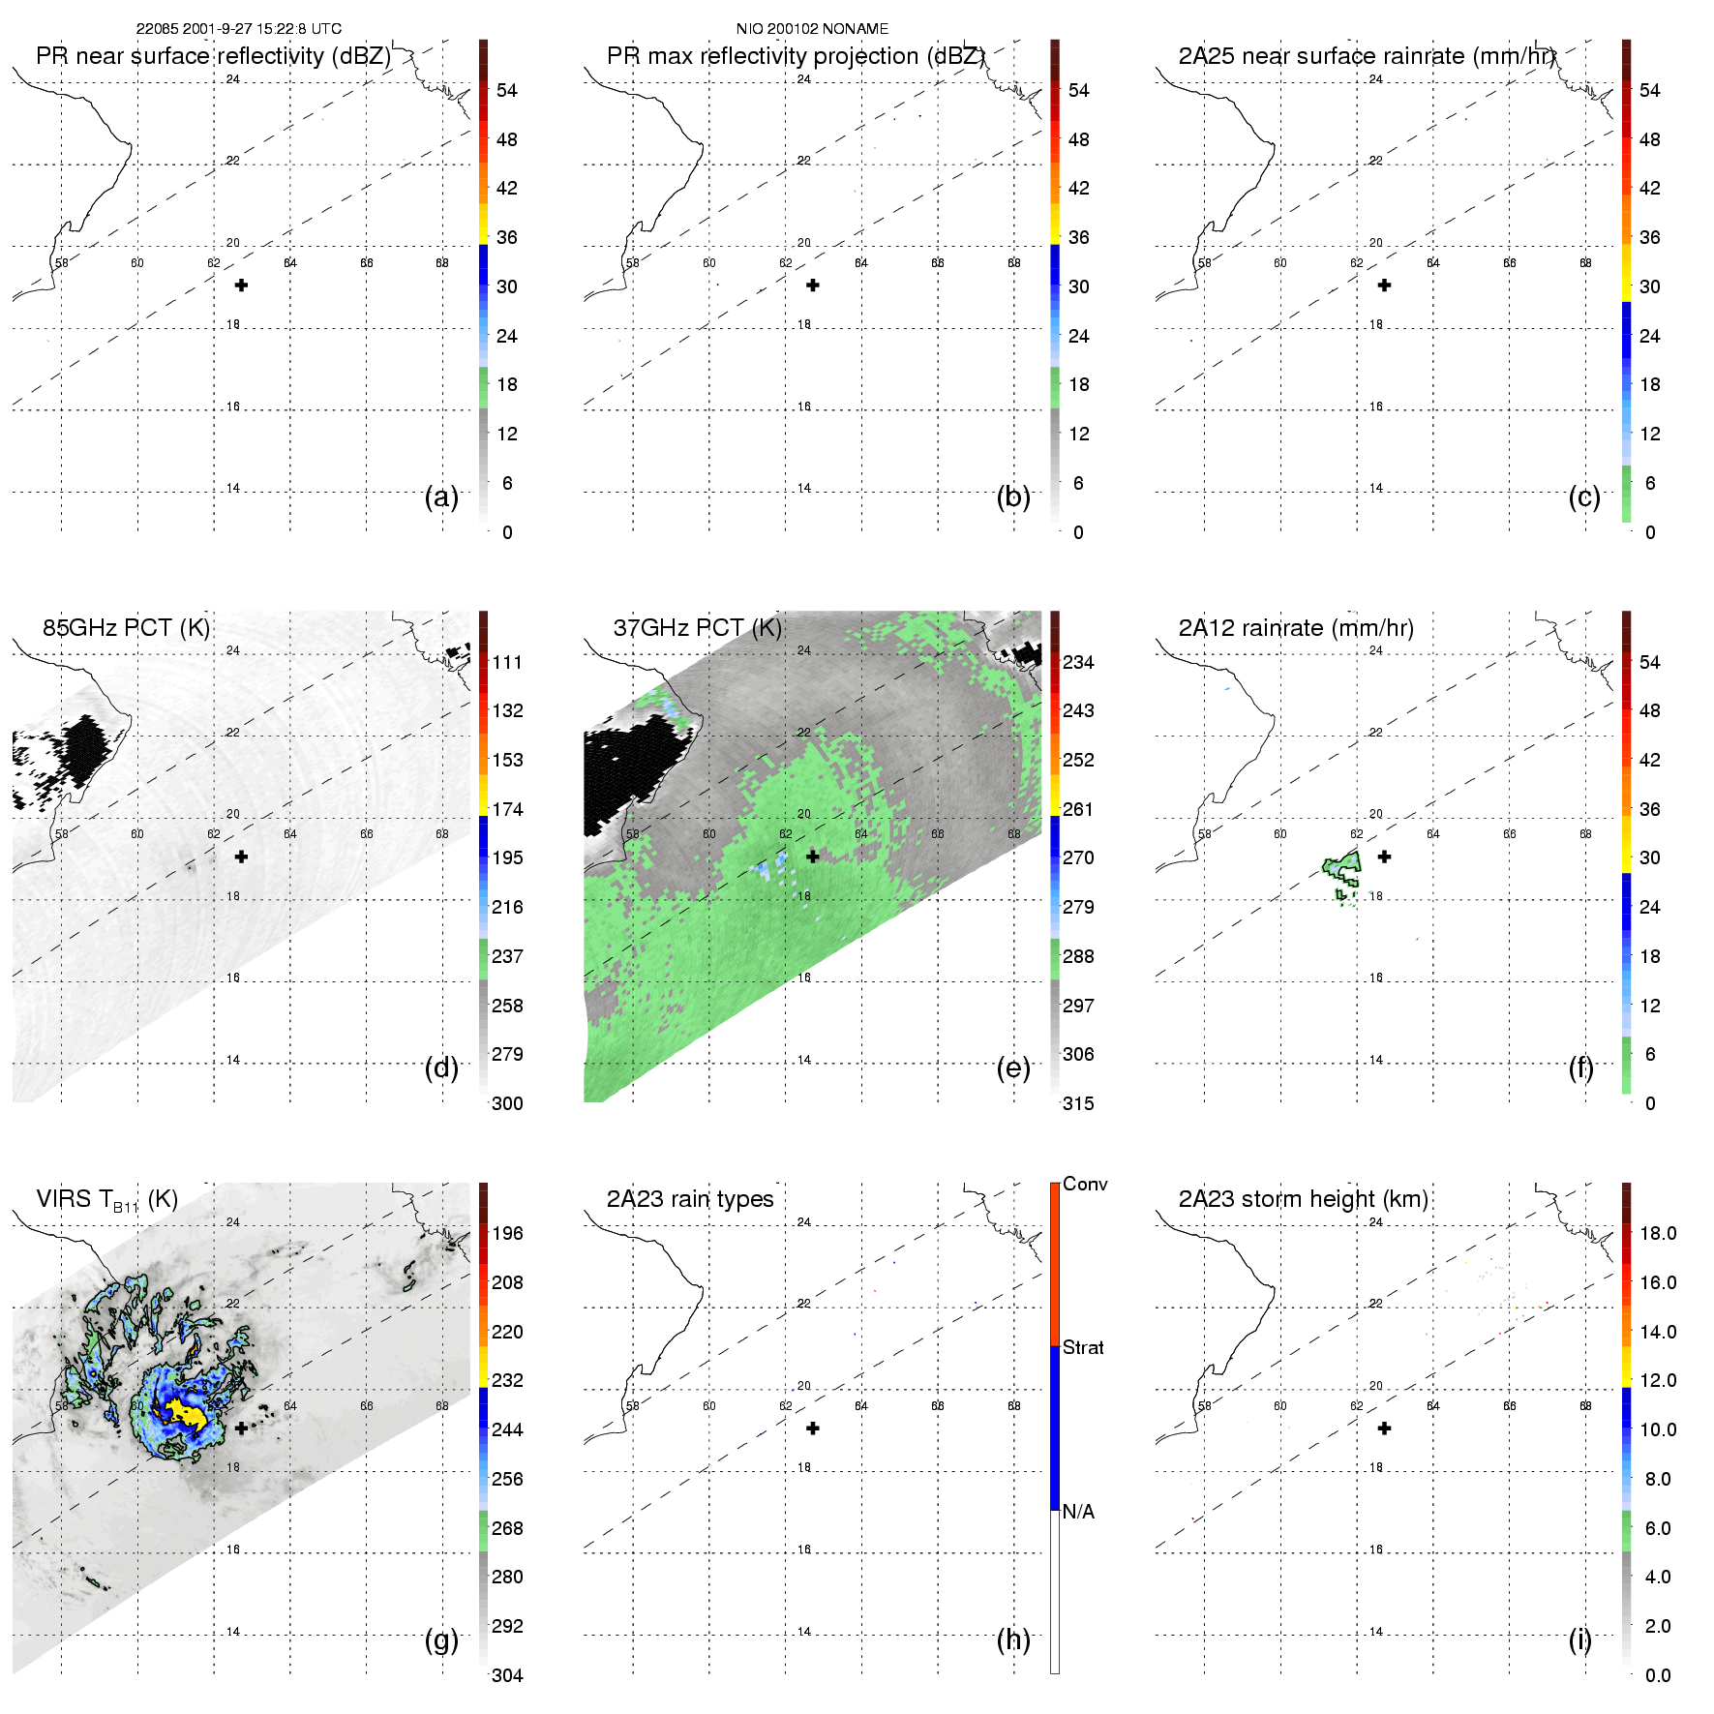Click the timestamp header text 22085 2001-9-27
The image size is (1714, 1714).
click(238, 29)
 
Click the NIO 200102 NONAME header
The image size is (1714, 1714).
click(812, 29)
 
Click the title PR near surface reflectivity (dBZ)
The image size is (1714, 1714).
click(213, 56)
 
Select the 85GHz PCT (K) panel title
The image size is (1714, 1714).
click(126, 628)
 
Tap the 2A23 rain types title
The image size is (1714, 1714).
click(689, 1199)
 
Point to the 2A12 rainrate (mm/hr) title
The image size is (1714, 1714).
click(1296, 628)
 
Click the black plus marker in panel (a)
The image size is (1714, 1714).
click(241, 286)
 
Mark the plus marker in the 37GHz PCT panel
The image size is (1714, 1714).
click(813, 857)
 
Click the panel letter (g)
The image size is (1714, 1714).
click(441, 1639)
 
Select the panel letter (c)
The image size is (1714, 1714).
click(1584, 496)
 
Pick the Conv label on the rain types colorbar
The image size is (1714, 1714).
click(1085, 1184)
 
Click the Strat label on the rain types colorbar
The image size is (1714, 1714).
click(1083, 1347)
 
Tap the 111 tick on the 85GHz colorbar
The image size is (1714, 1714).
click(507, 662)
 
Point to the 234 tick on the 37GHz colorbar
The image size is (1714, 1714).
click(1078, 662)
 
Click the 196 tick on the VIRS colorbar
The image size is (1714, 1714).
click(507, 1233)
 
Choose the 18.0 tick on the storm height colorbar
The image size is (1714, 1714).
click(1657, 1233)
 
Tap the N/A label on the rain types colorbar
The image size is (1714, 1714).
click(1078, 1512)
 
